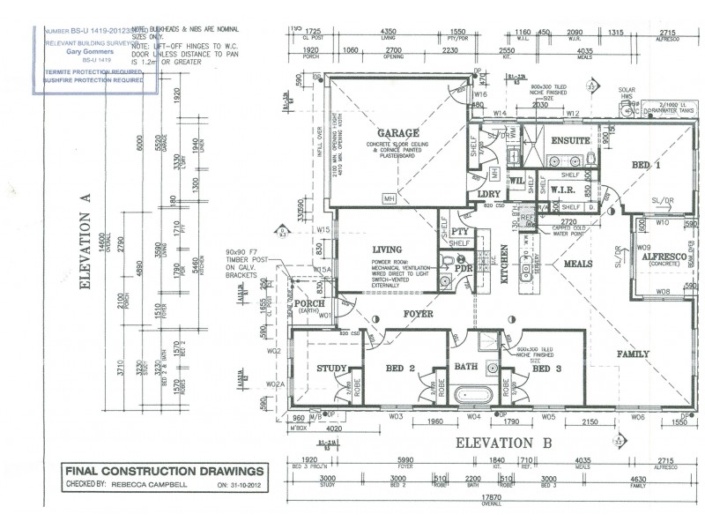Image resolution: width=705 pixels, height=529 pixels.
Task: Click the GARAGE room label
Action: point(398,134)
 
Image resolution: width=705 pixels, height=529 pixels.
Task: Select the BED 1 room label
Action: point(646,166)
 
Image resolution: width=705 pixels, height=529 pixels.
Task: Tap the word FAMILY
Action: point(633,354)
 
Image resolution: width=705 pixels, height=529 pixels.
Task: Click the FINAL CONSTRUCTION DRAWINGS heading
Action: point(164,472)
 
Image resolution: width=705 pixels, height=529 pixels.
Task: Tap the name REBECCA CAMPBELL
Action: point(148,484)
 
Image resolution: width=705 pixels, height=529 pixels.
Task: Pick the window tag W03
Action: point(396,415)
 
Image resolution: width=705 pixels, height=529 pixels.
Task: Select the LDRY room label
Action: point(489,193)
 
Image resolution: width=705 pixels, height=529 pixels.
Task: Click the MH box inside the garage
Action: point(388,199)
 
